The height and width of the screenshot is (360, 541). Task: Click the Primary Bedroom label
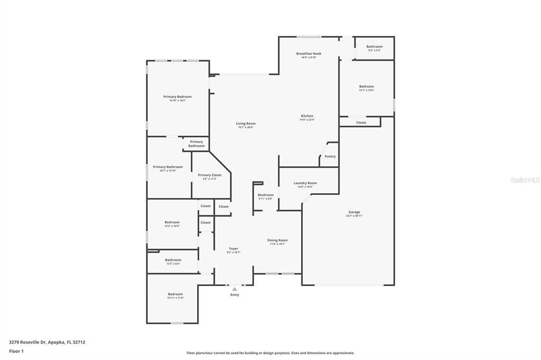point(177,97)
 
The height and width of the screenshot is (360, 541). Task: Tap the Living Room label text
point(246,124)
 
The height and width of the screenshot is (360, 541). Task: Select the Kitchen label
point(307,116)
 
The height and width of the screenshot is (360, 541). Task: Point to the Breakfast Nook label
point(309,54)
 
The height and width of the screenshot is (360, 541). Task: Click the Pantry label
point(330,156)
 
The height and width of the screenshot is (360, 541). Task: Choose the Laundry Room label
point(305,183)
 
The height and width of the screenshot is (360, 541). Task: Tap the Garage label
point(354,212)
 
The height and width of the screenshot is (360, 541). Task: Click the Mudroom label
point(265,195)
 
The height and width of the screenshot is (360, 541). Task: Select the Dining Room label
point(277,240)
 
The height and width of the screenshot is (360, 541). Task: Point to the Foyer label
point(234,249)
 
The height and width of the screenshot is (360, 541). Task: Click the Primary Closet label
point(210,175)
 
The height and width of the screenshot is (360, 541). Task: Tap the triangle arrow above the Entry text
point(235,289)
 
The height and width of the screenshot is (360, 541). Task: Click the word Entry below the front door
point(235,295)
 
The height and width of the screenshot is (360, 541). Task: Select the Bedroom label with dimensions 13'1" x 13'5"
point(367,87)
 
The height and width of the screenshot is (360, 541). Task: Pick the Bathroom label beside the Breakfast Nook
point(375,46)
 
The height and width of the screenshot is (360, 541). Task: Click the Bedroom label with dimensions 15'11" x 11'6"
point(175,294)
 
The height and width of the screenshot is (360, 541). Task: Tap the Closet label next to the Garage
point(361,122)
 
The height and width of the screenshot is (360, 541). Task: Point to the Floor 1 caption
point(16,351)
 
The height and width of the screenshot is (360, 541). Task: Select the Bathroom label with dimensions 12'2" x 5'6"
point(173,260)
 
